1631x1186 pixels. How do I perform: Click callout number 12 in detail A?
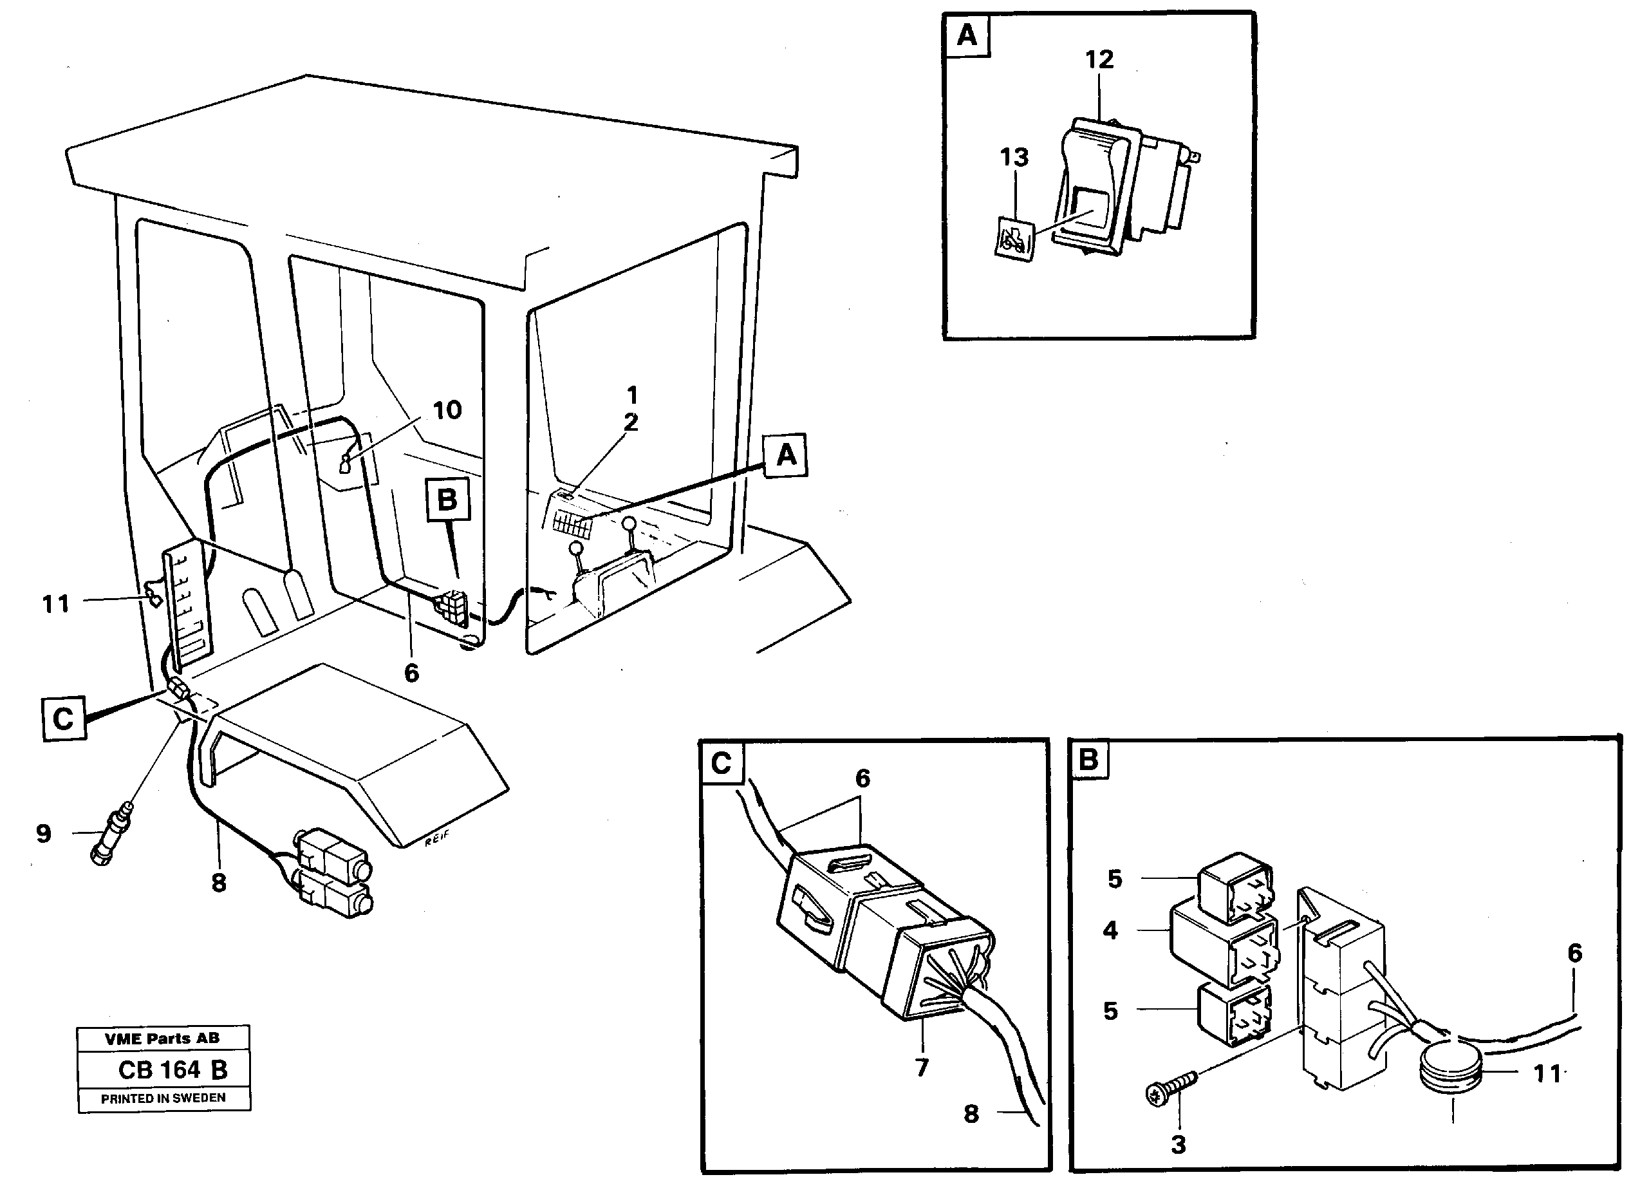pyautogui.click(x=1099, y=60)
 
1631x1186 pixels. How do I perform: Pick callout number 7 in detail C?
pyautogui.click(x=922, y=1068)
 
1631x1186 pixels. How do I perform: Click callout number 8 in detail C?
pyautogui.click(x=971, y=1114)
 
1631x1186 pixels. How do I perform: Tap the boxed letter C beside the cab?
pyautogui.click(x=64, y=719)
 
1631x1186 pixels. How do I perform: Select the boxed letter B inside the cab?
pyautogui.click(x=447, y=499)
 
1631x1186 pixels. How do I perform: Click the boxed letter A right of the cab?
pyautogui.click(x=787, y=455)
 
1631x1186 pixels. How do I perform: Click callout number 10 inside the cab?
pyautogui.click(x=447, y=411)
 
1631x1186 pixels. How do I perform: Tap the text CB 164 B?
pyautogui.click(x=172, y=1070)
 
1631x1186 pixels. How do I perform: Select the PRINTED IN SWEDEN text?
pyautogui.click(x=163, y=1098)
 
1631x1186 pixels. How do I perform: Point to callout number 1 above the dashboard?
pyautogui.click(x=632, y=395)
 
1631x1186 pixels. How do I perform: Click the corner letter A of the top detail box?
pyautogui.click(x=967, y=35)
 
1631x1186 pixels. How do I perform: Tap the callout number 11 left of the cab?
pyautogui.click(x=56, y=603)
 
